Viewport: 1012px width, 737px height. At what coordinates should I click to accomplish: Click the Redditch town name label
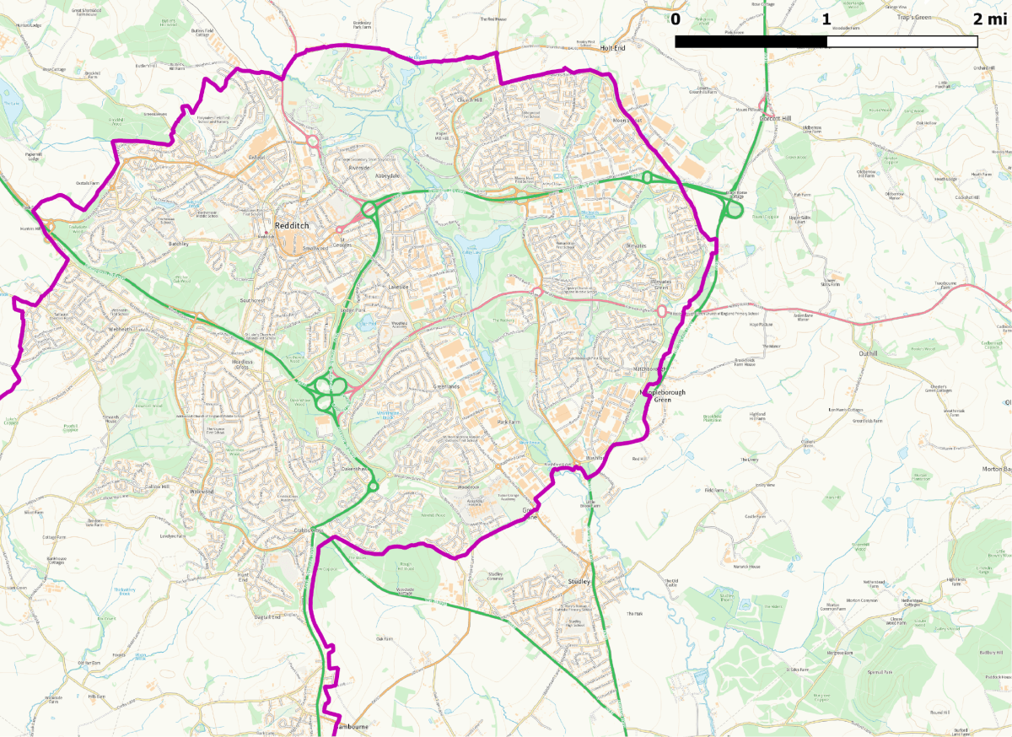[292, 226]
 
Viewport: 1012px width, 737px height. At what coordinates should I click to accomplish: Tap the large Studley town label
[579, 581]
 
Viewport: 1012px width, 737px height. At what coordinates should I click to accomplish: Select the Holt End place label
[613, 49]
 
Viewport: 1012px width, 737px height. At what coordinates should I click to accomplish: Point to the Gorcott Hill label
[776, 119]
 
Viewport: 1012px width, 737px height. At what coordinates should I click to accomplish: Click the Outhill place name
[869, 353]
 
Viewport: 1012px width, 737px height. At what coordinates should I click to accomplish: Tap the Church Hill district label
[469, 100]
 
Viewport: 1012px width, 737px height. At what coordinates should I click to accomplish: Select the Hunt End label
[243, 577]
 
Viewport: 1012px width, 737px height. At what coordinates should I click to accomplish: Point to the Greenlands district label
[447, 386]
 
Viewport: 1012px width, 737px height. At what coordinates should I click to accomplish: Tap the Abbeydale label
[388, 175]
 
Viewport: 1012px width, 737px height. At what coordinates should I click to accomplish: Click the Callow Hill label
[158, 487]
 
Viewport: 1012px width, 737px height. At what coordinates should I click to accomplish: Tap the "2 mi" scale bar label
[989, 19]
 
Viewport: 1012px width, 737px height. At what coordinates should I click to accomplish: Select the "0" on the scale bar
[676, 19]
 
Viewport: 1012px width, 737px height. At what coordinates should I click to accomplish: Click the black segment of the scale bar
[751, 41]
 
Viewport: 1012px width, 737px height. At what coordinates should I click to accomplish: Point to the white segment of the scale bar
[902, 41]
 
